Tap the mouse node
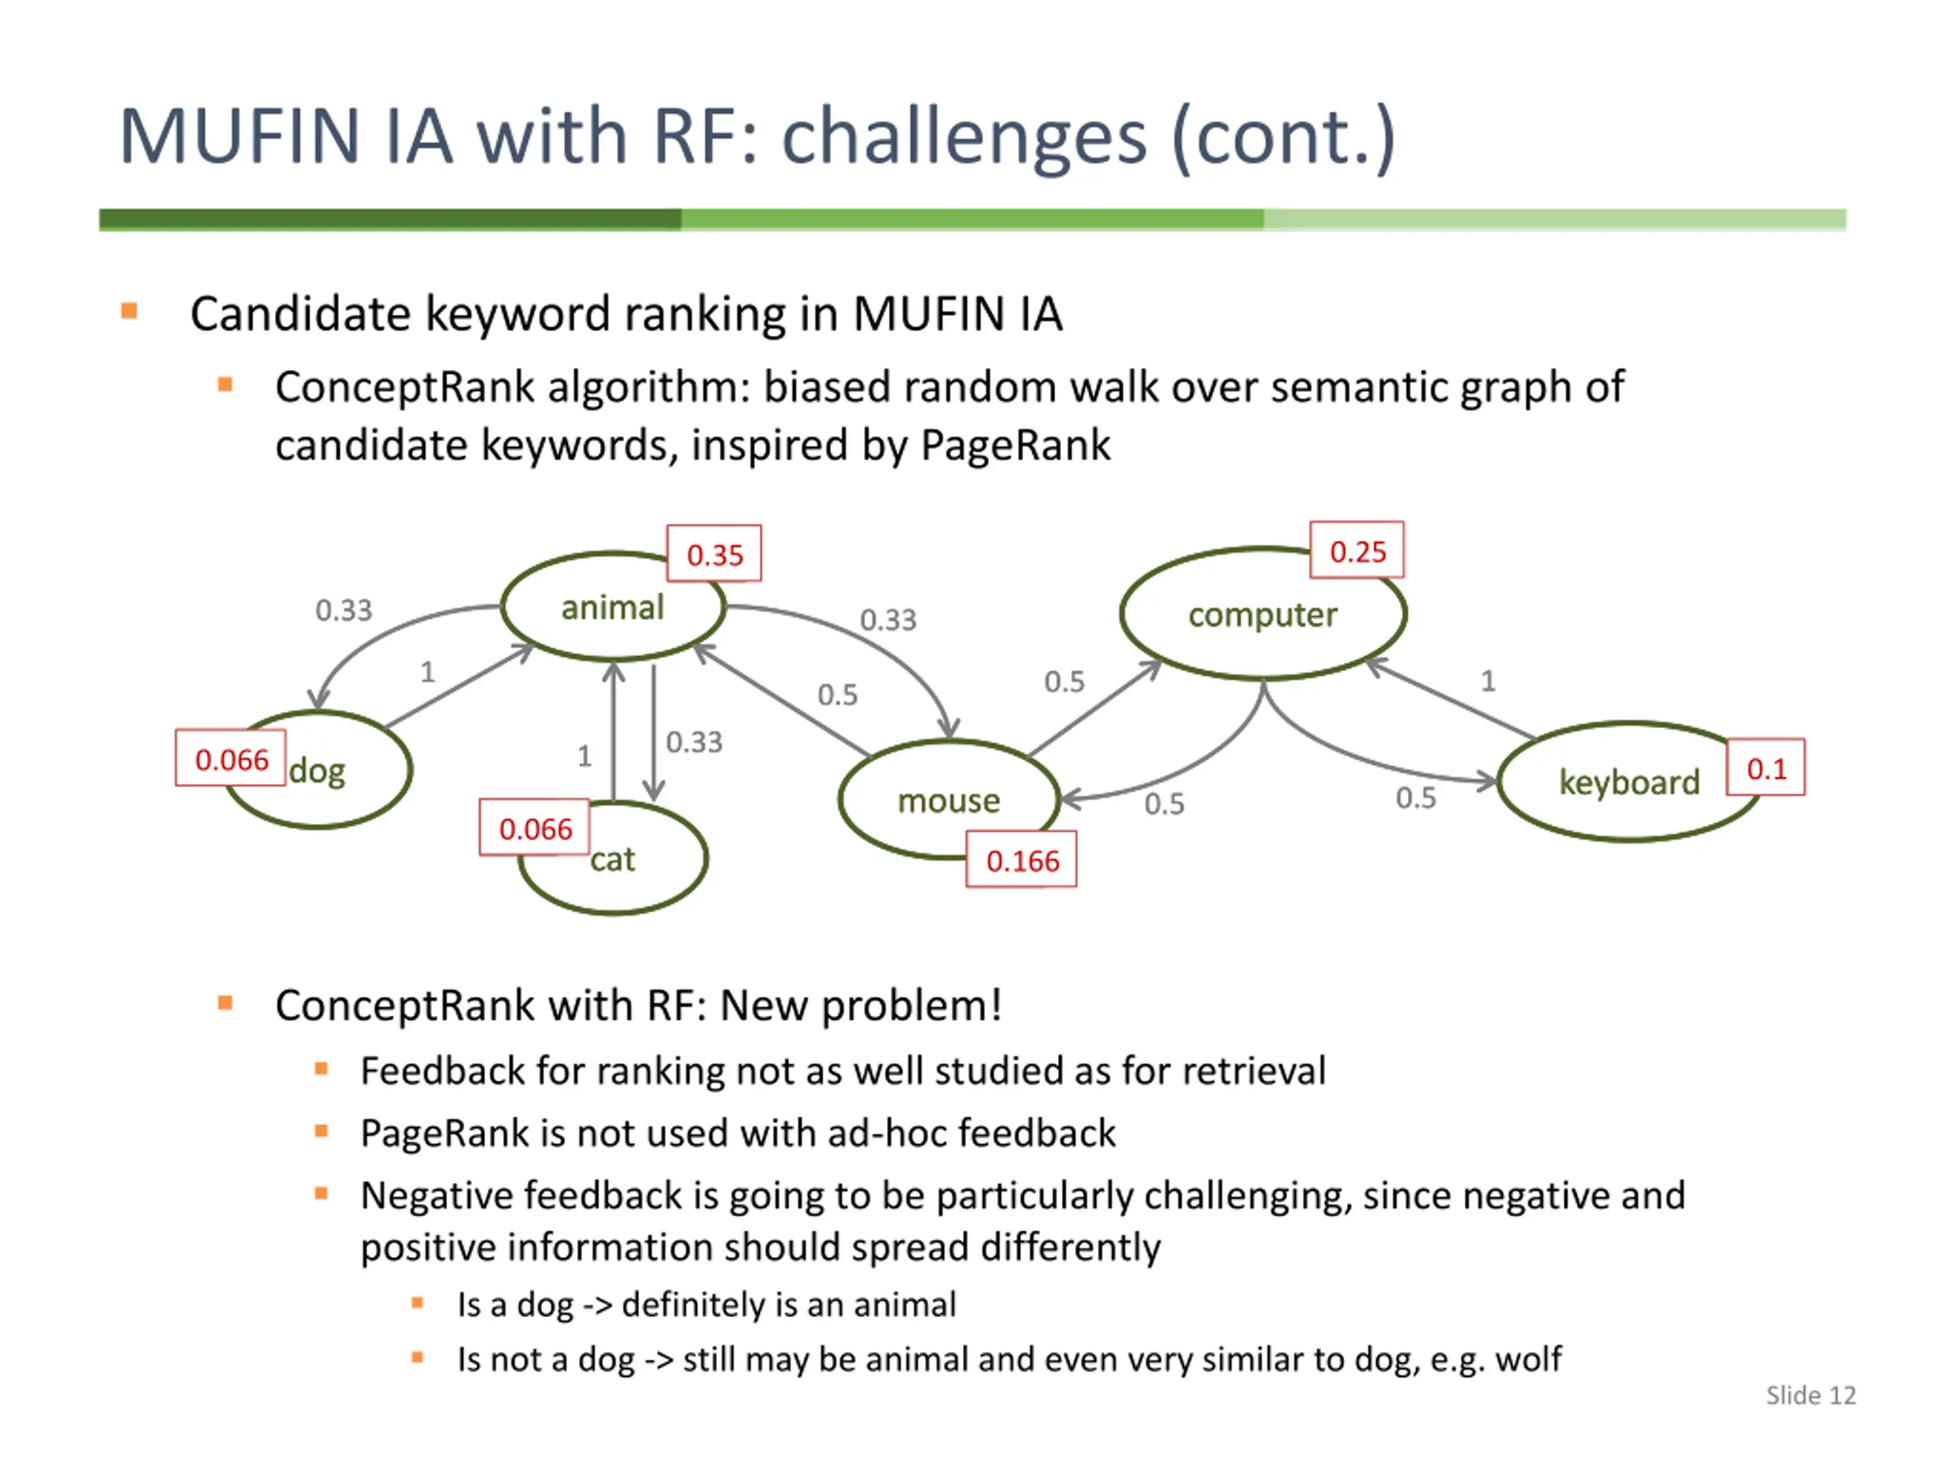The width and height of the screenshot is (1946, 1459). [x=949, y=800]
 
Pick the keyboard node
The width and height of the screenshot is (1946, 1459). [x=1627, y=782]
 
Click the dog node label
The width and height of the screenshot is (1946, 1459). [x=318, y=771]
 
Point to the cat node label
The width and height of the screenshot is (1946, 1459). [x=612, y=859]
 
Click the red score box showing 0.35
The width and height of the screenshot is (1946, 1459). [x=715, y=555]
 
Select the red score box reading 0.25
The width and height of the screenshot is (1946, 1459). [x=1357, y=552]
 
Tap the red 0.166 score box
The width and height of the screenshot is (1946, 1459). [x=1022, y=861]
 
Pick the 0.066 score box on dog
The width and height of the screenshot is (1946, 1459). [x=230, y=759]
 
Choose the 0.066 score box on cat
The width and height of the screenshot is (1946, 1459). [x=535, y=828]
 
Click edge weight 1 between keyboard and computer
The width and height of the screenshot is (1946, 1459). [x=1488, y=681]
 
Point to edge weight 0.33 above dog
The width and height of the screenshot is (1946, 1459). [x=344, y=609]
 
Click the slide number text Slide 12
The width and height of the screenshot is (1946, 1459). [x=1811, y=1396]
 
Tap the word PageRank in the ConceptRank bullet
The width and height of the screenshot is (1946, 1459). [x=1016, y=445]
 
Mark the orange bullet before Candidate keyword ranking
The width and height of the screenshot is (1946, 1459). [x=129, y=312]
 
